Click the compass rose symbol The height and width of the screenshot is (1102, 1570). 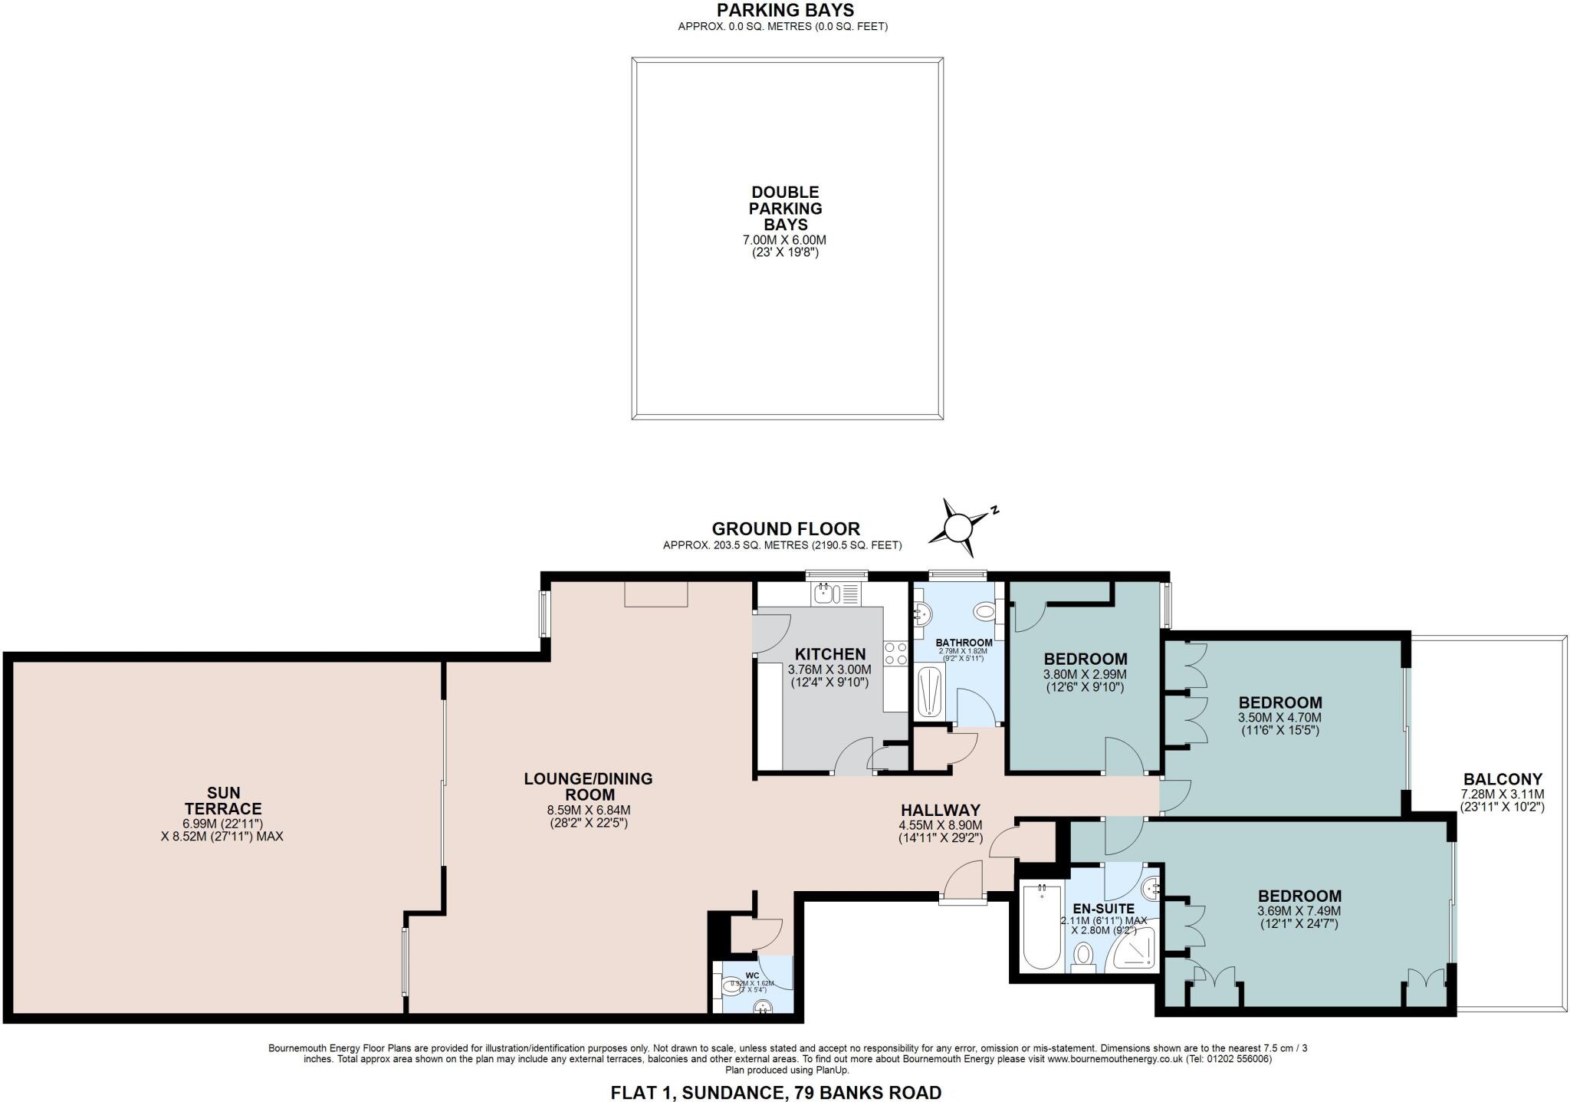coord(957,528)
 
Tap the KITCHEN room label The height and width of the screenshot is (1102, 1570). coord(829,654)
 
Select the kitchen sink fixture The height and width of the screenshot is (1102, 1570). coord(824,593)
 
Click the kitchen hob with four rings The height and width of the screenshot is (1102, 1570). coord(895,653)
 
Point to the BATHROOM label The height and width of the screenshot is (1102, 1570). coord(964,643)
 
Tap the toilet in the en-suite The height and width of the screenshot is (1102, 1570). coord(1083,956)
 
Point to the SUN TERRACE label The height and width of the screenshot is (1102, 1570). coord(223,801)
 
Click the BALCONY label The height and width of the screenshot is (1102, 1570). coord(1502,779)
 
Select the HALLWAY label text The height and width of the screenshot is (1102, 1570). coord(940,810)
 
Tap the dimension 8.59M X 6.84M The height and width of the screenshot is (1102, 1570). coord(588,810)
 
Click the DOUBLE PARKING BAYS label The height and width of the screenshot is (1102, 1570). coord(786,208)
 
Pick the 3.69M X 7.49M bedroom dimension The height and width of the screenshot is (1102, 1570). coord(1299,911)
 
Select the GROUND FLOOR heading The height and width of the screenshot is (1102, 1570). coord(785,528)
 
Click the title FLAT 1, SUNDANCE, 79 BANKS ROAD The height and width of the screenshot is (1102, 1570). coord(775,1092)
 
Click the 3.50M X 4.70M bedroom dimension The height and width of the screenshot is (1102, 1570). coord(1279,718)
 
